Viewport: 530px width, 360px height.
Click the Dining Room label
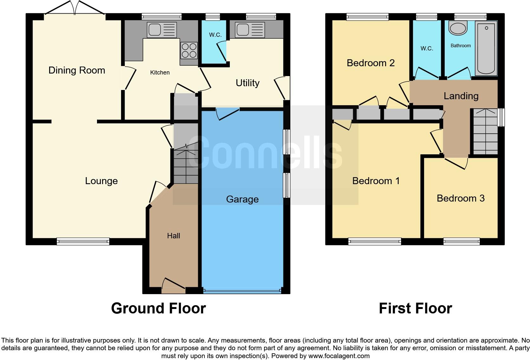tap(77, 70)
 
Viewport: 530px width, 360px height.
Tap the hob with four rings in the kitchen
tap(189, 51)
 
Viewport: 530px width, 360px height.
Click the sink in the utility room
tap(250, 30)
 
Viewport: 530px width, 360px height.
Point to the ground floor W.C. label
tap(215, 35)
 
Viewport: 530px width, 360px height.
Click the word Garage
tap(242, 199)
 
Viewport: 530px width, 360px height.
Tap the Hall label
tap(173, 236)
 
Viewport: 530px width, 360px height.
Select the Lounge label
tap(101, 181)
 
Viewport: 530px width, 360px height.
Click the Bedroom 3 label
tap(461, 198)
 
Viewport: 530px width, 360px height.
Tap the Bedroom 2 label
tap(371, 63)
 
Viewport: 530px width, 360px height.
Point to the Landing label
tap(461, 96)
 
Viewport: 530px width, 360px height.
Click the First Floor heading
tap(415, 308)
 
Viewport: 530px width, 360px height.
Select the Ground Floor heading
tap(158, 308)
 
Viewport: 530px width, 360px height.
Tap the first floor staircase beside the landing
tap(485, 132)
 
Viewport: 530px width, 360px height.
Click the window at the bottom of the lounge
tap(83, 242)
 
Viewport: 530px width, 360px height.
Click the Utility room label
tap(248, 83)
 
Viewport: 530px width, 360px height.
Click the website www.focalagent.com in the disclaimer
tap(339, 356)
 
